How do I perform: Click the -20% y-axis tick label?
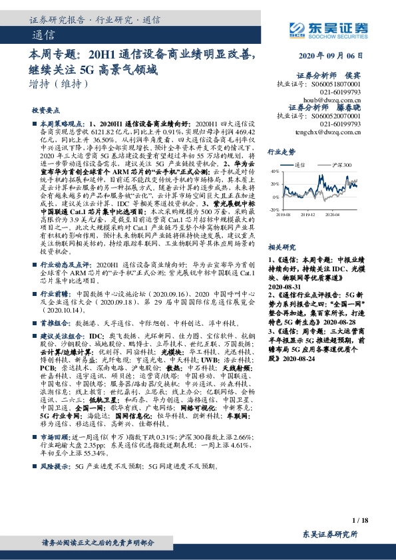[x=275, y=209]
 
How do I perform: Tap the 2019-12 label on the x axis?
[x=307, y=214]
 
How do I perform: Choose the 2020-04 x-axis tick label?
[x=332, y=214]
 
